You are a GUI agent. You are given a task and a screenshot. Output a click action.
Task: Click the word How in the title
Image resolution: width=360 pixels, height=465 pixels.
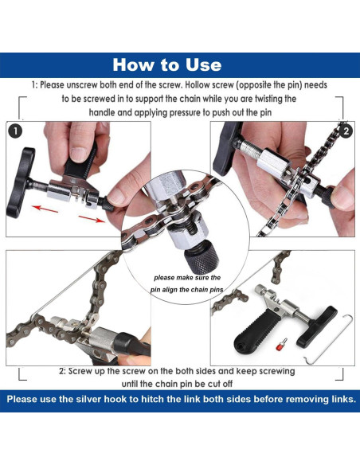coord(135,64)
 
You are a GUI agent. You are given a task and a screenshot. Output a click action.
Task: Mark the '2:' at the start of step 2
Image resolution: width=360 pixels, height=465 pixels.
coord(64,371)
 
